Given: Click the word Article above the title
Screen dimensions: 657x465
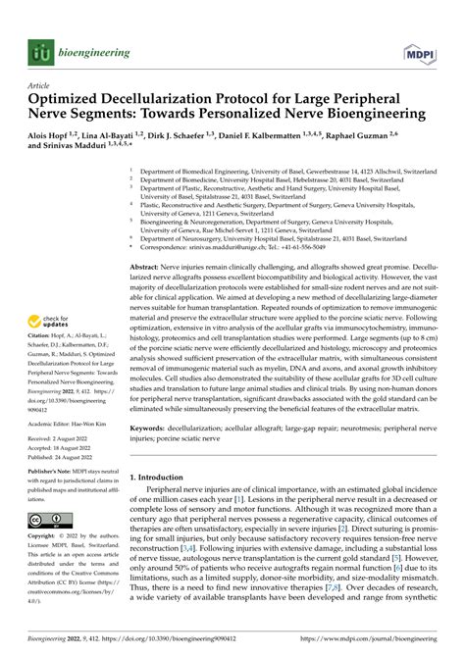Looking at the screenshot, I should coord(40,85).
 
